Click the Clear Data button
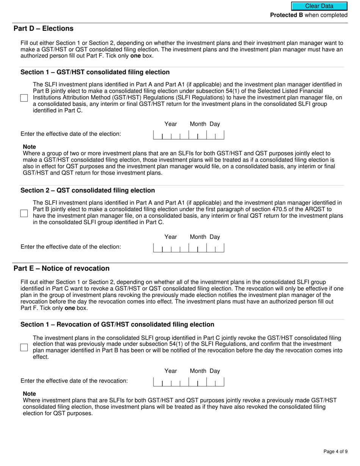tap(319, 6)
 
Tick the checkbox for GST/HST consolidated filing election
tap(24, 98)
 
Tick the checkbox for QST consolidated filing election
tap(24, 213)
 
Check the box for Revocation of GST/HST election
tap(24, 347)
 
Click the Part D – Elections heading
tap(44, 29)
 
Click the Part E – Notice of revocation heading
tap(61, 269)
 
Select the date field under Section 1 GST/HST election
tap(188, 135)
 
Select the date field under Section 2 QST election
tap(188, 248)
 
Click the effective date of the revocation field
tap(188, 382)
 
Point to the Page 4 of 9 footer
tap(335, 451)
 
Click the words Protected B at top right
tap(286, 15)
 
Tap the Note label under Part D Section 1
tap(30, 147)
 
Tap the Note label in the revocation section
tap(30, 394)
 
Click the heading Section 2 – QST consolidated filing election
tap(88, 191)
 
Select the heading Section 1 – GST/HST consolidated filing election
tap(95, 72)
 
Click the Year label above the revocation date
tap(171, 371)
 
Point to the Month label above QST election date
tap(198, 237)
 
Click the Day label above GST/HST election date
tap(215, 124)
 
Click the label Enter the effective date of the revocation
tap(74, 381)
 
